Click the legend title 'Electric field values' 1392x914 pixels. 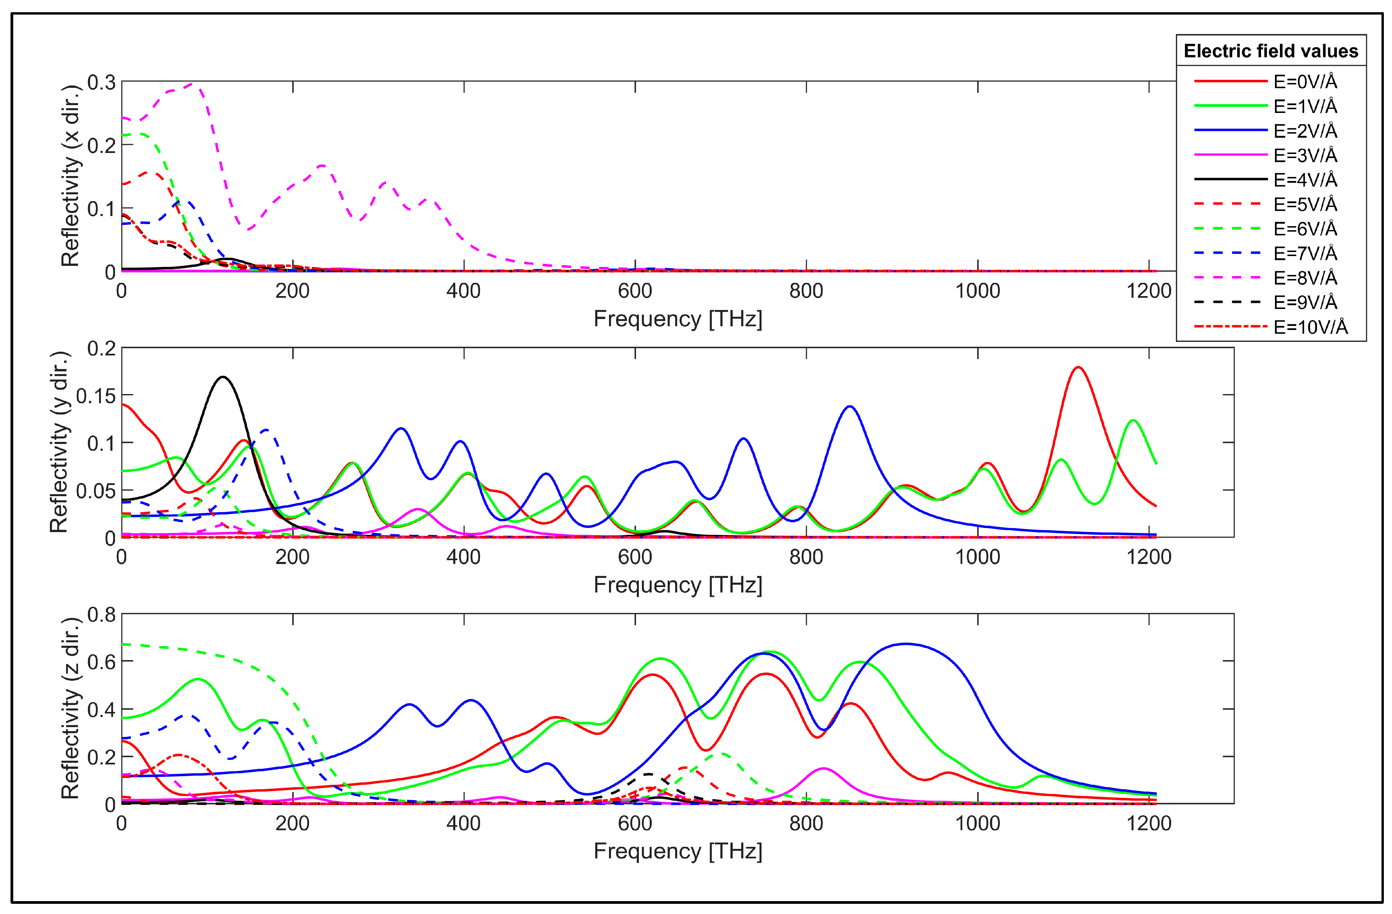(1270, 52)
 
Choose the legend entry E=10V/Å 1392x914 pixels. (1310, 327)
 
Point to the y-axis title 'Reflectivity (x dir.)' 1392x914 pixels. (70, 175)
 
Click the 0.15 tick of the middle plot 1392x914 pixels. (96, 396)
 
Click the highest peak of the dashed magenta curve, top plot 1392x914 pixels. (194, 84)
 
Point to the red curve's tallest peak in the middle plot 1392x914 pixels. (1078, 367)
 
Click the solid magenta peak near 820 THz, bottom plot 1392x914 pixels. (823, 769)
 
